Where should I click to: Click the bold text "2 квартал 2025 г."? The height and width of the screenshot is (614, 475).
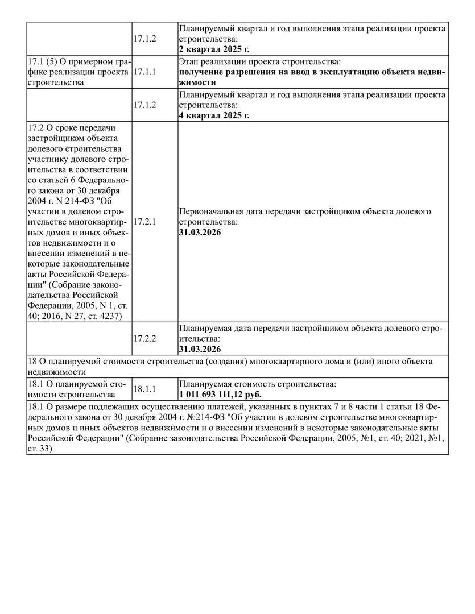214,49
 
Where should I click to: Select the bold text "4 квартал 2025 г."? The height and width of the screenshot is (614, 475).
214,115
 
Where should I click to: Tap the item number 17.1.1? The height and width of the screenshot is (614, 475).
144,72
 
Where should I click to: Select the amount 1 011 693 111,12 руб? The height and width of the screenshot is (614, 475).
221,395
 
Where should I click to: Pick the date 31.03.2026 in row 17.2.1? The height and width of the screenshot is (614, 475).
200,233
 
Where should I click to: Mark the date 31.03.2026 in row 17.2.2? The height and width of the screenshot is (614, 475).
200,349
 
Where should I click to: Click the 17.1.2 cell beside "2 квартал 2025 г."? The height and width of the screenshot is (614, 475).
144,39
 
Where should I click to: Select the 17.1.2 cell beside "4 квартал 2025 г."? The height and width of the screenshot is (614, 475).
144,105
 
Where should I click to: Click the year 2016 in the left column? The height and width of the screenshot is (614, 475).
50,316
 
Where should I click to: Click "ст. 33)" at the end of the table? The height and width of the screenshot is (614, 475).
40,449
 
